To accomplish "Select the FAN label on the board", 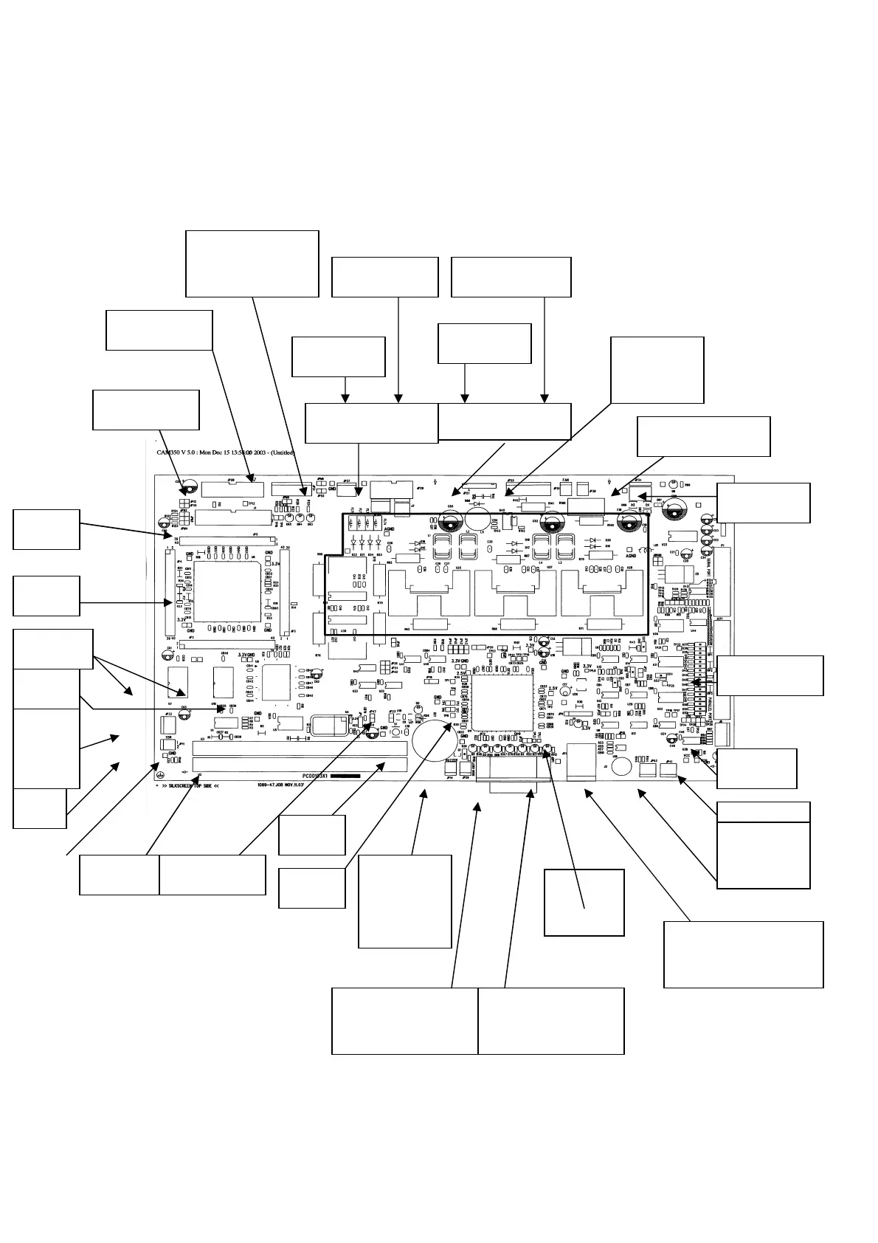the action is point(565,480).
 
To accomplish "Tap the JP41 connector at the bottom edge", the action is point(669,771).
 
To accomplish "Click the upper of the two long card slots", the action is point(299,748).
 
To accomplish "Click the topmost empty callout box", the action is point(252,264).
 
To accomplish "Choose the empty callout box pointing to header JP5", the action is point(46,529).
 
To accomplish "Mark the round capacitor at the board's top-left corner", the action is point(187,488).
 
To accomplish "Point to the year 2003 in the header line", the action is point(256,452).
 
